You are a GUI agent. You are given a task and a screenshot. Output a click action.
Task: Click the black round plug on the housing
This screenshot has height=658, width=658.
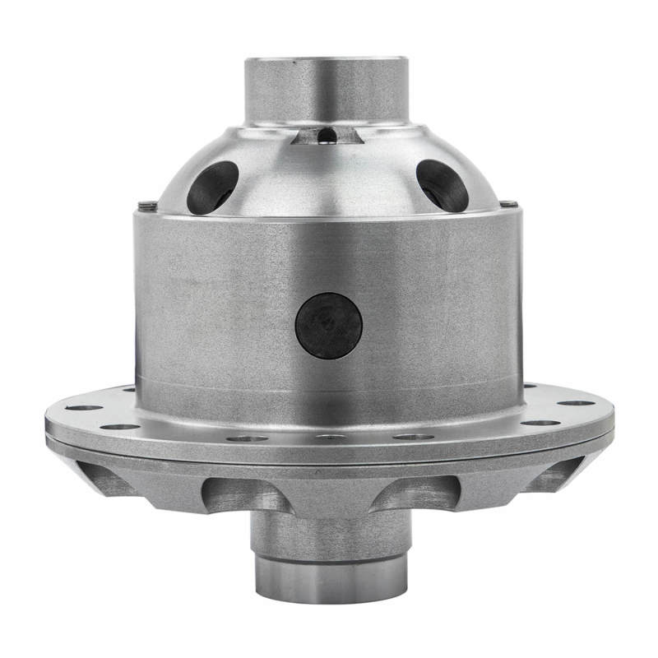[329, 326]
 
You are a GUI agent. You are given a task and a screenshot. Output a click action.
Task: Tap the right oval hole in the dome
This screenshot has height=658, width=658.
[443, 185]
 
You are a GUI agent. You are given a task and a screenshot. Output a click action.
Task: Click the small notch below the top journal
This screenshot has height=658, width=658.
[327, 134]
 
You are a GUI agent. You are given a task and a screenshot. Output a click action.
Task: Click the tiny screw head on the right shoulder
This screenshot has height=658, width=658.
[512, 203]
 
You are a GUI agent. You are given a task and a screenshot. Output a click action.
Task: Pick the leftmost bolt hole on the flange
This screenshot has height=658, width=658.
[84, 407]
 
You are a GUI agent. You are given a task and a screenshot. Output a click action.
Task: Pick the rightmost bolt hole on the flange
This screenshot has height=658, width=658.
[577, 403]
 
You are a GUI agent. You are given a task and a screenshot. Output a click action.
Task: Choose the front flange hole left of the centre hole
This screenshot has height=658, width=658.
[247, 438]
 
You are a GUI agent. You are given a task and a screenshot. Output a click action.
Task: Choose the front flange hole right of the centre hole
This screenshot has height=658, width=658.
[413, 437]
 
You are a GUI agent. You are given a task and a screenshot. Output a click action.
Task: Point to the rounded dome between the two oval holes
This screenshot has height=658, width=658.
[327, 177]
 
